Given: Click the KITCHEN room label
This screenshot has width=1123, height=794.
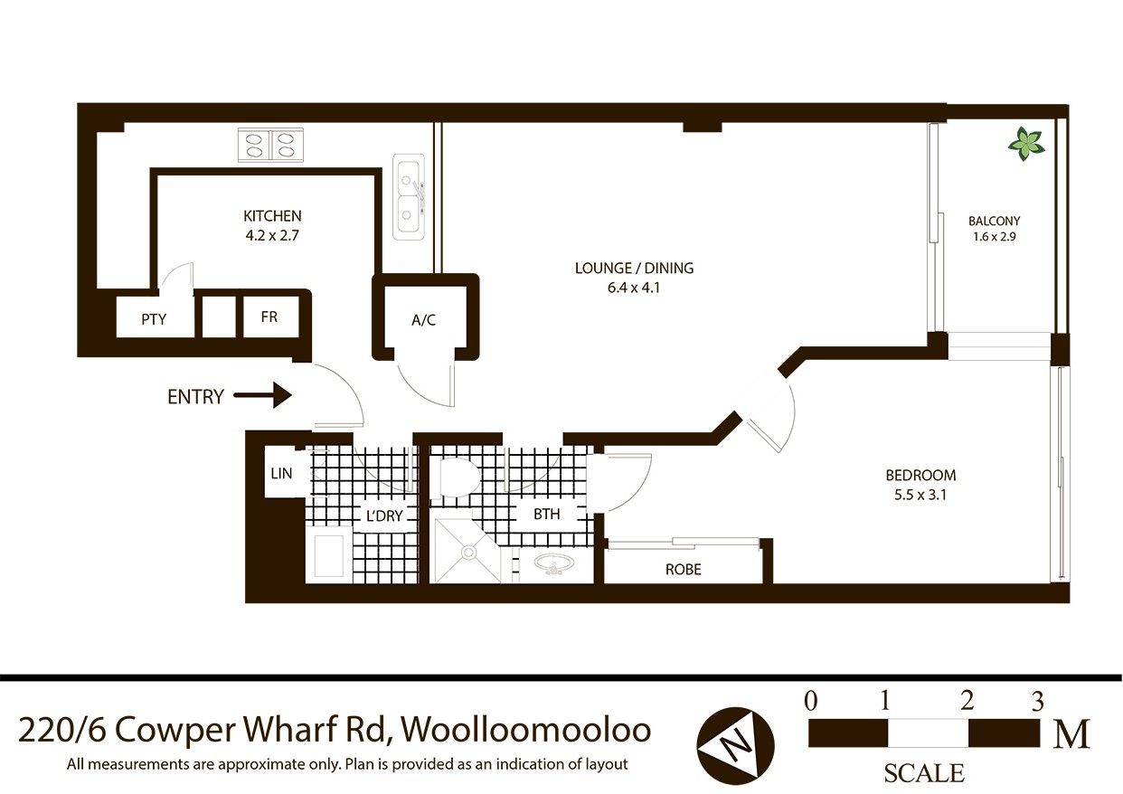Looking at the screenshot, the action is [x=272, y=216].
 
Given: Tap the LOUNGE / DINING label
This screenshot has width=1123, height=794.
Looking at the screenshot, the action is [x=634, y=269].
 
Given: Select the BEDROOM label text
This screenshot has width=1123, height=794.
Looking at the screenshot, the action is [x=920, y=475].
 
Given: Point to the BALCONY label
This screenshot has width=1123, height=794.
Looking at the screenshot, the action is [x=995, y=221].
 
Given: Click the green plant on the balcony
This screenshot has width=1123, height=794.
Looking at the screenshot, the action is [x=1027, y=144].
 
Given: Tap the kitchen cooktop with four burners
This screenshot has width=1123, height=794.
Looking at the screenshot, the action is [x=270, y=146].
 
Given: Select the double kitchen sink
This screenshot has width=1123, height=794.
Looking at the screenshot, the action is [x=409, y=197].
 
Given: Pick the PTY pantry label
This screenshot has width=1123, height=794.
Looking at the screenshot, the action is [x=154, y=319].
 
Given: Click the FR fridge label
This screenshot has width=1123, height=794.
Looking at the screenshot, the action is [x=269, y=317].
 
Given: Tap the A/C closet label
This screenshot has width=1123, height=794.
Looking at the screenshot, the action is [x=424, y=320].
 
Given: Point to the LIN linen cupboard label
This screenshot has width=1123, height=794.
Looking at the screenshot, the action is [x=280, y=473].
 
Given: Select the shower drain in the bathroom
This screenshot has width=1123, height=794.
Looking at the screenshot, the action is [x=468, y=553].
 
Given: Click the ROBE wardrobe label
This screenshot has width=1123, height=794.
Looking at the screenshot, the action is [x=684, y=570].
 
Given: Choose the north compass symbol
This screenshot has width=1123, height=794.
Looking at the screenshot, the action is [x=735, y=746].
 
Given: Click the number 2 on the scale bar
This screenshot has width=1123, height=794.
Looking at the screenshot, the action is [x=967, y=700].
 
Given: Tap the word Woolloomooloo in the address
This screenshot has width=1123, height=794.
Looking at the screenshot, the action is [x=526, y=730].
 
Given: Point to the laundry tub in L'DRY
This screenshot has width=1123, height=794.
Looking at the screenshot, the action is [x=329, y=555].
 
